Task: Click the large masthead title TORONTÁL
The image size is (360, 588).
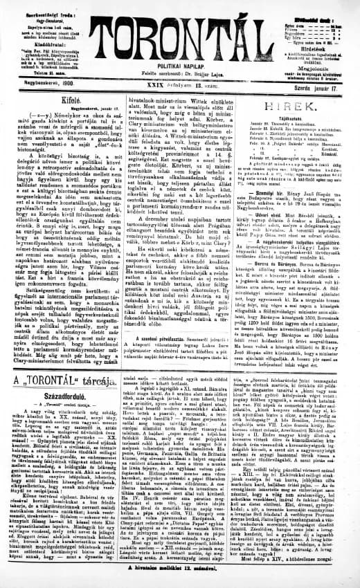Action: (181, 35)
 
